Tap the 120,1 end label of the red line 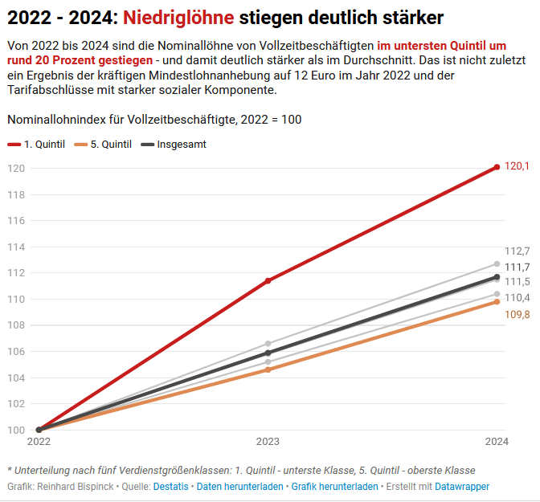pos(517,166)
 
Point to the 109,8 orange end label pos(517,314)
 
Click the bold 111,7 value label pos(517,267)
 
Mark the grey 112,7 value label pos(517,251)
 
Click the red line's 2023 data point pos(268,280)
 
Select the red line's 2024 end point pos(497,167)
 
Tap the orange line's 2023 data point pos(268,369)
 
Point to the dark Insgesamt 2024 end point pos(497,277)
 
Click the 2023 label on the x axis pos(268,442)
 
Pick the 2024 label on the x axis pos(497,442)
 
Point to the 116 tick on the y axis pos(16,220)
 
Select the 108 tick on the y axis pos(16,325)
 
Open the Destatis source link pos(171,487)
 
